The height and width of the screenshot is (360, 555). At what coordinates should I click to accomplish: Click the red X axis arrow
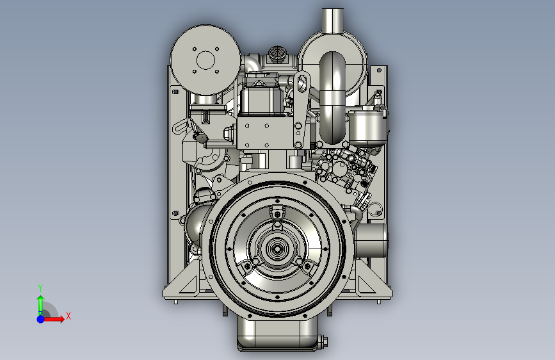(x=53, y=319)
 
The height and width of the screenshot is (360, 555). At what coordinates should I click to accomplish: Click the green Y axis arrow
(x=40, y=305)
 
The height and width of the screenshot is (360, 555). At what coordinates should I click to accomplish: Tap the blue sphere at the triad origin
(x=40, y=319)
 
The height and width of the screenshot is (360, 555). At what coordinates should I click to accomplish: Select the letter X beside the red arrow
(x=68, y=316)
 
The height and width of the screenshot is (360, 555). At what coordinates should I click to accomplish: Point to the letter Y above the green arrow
(x=40, y=288)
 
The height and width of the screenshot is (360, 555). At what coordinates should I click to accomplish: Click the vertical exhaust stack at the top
(x=333, y=20)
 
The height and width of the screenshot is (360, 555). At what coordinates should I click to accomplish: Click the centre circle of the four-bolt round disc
(x=205, y=60)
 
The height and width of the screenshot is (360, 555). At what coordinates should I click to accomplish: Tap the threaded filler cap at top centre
(x=277, y=54)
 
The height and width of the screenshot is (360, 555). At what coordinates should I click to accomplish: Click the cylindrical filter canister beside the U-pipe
(x=366, y=126)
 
